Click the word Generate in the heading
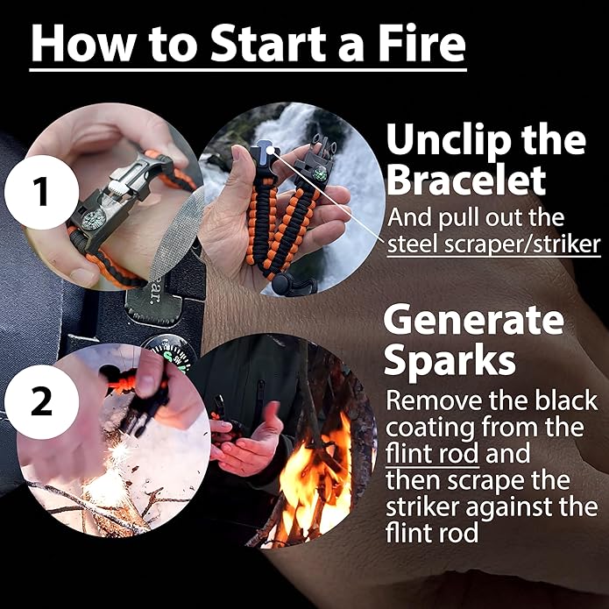tap(473, 320)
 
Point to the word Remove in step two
tap(430, 402)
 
